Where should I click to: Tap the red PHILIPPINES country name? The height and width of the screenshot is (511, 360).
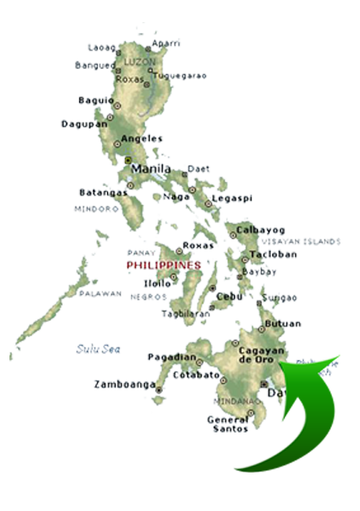pyautogui.click(x=164, y=266)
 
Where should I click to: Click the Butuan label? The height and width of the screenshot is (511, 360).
pyautogui.click(x=282, y=324)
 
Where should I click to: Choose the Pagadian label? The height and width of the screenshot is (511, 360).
pyautogui.click(x=166, y=356)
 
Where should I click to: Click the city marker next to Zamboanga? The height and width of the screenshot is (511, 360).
pyautogui.click(x=159, y=390)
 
